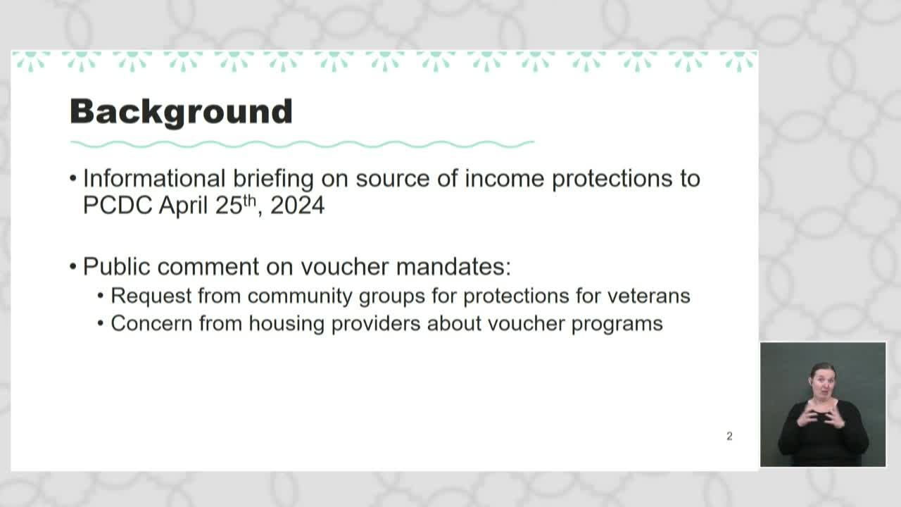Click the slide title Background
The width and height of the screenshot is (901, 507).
pos(181,112)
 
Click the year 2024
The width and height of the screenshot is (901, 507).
pos(297,206)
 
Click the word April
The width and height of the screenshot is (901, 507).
pos(184,206)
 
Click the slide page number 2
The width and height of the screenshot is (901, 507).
pos(729,437)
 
